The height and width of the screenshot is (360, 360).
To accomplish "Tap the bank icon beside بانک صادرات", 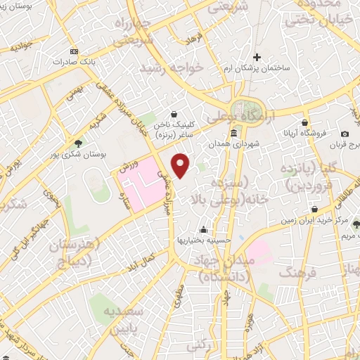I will click(x=75, y=52).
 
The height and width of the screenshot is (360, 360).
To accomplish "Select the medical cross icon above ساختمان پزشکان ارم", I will click(x=257, y=57).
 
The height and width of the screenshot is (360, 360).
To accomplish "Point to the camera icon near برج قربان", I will click(x=345, y=134).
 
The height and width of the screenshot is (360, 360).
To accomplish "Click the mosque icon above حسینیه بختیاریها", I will click(x=204, y=229).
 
